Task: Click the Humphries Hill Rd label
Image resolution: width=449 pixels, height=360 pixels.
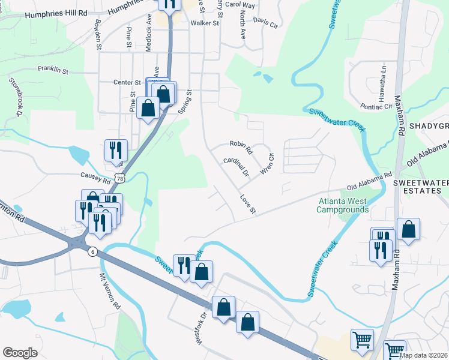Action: (x=57, y=13)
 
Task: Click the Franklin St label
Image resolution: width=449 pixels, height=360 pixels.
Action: (x=53, y=70)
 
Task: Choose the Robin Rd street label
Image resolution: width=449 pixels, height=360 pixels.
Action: (x=241, y=144)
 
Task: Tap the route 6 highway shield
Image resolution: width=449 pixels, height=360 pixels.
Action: (x=92, y=250)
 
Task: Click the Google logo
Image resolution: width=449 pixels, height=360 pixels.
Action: (x=20, y=353)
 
